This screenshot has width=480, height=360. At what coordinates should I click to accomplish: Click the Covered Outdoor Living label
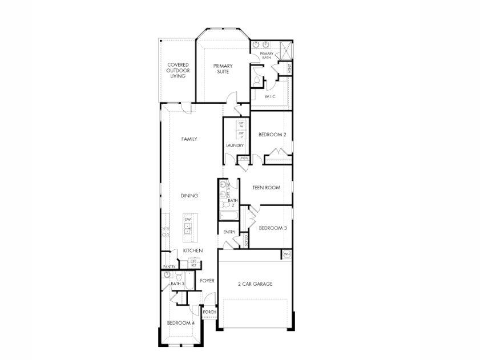point(178,71)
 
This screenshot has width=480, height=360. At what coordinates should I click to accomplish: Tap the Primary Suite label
point(223,69)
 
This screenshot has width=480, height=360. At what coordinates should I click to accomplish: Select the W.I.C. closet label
point(270,96)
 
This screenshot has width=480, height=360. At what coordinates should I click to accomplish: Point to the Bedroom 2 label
point(272,135)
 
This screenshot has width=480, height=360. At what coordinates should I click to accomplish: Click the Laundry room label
point(235,145)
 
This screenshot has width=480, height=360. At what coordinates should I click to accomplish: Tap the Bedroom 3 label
point(272,228)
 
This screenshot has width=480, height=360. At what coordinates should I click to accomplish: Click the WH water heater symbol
point(287,254)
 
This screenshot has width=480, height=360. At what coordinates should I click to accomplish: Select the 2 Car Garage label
point(255,284)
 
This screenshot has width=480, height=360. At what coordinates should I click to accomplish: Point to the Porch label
point(209,312)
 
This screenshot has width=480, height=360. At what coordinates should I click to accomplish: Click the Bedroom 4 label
point(180,323)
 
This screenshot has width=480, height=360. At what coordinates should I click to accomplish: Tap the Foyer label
point(207,281)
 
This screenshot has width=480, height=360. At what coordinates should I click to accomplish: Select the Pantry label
point(169,266)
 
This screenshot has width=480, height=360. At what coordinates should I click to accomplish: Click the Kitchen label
point(193,251)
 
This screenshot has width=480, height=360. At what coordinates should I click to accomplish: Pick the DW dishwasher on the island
point(187,219)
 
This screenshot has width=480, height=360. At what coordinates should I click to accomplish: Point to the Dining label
point(189,196)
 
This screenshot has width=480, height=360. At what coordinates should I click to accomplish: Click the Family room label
point(189,139)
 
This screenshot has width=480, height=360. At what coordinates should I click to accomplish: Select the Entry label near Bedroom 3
point(229,232)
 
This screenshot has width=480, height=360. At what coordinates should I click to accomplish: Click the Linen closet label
point(244,158)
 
